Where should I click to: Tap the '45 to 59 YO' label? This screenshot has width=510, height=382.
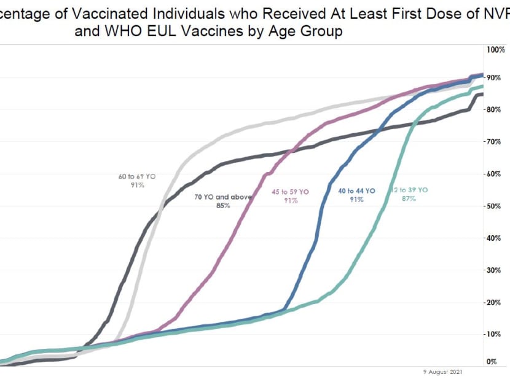pos(291,192)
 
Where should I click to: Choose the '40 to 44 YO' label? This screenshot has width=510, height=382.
pos(356,191)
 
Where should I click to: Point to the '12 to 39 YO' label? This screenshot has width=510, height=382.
pos(409,190)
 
